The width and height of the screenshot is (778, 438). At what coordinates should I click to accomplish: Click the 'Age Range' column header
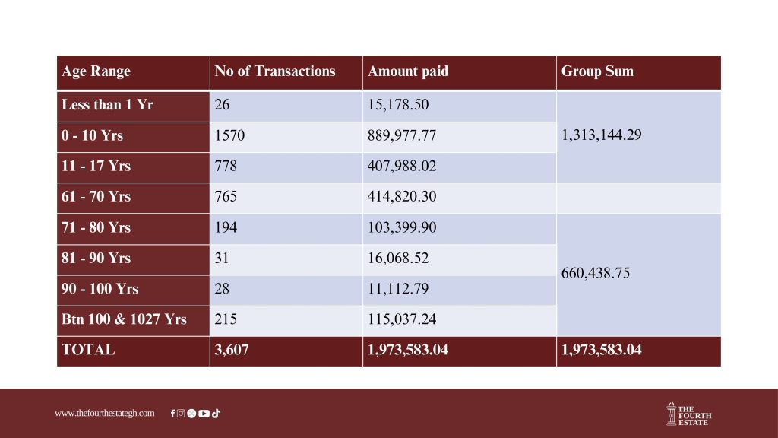click(x=96, y=71)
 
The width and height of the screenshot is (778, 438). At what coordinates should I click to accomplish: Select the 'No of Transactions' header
click(x=274, y=71)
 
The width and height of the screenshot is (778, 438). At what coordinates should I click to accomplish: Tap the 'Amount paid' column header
click(x=408, y=71)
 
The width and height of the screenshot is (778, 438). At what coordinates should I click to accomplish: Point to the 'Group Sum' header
click(x=597, y=71)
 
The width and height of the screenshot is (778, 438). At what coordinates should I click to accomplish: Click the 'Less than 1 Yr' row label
click(x=107, y=105)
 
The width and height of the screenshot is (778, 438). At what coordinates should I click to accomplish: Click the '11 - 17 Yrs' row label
click(x=96, y=167)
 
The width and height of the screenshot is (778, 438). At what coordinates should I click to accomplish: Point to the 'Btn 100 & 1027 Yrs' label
click(x=124, y=319)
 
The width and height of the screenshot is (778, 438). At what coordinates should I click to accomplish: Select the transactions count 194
click(x=226, y=227)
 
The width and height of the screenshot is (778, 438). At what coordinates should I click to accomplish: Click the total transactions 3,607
click(x=231, y=351)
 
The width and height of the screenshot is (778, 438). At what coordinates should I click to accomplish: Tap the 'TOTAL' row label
click(x=88, y=351)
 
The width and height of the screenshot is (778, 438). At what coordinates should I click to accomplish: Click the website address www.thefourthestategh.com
click(x=104, y=414)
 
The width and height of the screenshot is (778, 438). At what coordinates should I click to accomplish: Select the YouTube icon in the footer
click(x=204, y=414)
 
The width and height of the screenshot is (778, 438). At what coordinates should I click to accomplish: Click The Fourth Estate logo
click(x=688, y=414)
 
